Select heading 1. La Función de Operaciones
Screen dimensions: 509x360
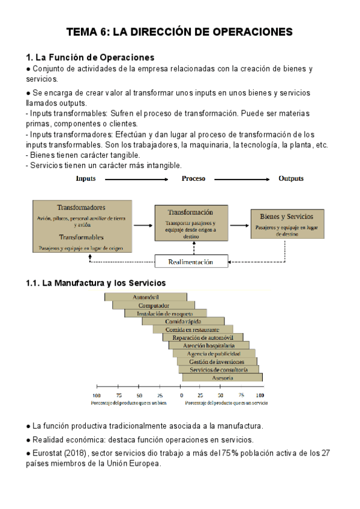[91, 58]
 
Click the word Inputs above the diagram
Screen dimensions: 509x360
[86, 179]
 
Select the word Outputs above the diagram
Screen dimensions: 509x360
[291, 179]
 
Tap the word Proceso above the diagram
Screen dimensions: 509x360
[193, 179]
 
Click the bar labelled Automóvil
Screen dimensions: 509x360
[146, 297]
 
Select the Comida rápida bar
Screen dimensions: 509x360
[183, 322]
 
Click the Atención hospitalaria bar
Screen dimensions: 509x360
[209, 346]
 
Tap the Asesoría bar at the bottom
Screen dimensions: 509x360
[223, 378]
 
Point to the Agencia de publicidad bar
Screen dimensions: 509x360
[214, 354]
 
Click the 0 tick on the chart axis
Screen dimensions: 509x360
[181, 395]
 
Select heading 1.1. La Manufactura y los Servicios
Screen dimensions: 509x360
[95, 283]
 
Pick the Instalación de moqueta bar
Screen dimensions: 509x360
[165, 313]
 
